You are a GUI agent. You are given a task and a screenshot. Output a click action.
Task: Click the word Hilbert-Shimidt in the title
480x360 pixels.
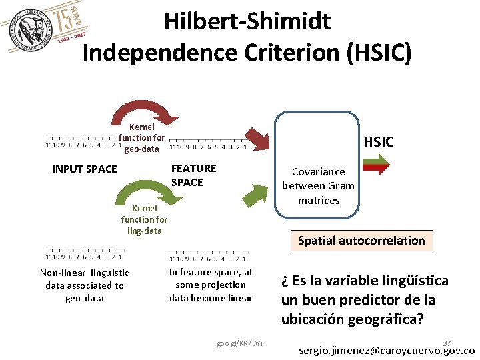pos(247,21)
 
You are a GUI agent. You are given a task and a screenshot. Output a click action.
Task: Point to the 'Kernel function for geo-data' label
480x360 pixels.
pos(141,137)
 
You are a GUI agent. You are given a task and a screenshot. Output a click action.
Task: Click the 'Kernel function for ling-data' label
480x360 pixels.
pos(144,219)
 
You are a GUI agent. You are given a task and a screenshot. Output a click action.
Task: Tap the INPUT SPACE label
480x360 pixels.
pos(84,169)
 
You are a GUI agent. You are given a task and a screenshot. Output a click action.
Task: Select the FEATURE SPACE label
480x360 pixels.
pos(193,175)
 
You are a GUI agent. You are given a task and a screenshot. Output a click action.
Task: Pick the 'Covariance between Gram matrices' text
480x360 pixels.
pos(319,186)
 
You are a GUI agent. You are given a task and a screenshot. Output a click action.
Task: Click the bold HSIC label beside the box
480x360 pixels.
pos(378,141)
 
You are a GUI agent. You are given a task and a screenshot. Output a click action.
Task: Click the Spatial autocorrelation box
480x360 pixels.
pos(361,241)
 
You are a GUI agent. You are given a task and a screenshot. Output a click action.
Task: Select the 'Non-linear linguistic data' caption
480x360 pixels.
pos(85,285)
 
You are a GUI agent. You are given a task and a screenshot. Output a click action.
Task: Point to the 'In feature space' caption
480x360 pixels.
pos(211,285)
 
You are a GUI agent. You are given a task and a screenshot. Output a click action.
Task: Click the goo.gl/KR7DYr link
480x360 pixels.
pos(240,343)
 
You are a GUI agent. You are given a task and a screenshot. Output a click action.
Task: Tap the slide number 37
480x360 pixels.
pos(447,342)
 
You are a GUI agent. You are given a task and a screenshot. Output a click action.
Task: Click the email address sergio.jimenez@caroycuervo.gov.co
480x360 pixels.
pos(387,351)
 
